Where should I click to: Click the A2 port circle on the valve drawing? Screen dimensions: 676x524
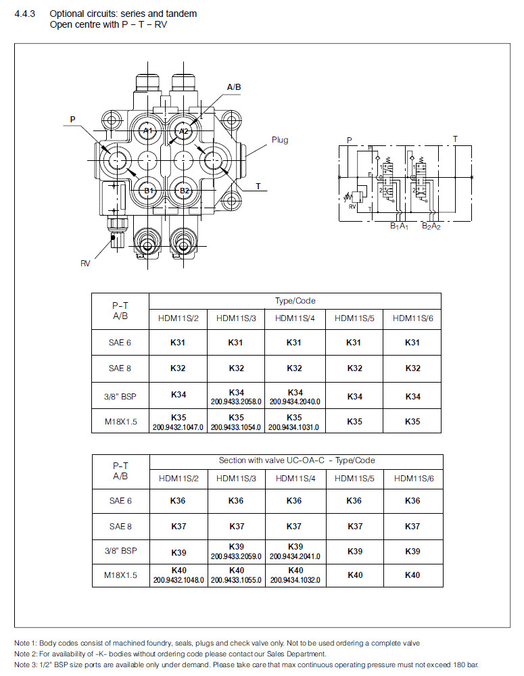[x=183, y=130]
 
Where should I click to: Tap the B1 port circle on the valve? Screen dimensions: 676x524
[x=149, y=191]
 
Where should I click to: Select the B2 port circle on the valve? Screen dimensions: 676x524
[x=183, y=191]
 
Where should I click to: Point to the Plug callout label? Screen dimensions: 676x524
[x=280, y=140]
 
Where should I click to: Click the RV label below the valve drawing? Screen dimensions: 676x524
[x=85, y=264]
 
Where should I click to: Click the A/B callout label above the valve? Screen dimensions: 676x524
[x=234, y=87]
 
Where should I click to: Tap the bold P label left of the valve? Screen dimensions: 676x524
[x=73, y=120]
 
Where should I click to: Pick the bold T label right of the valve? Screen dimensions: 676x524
[x=258, y=186]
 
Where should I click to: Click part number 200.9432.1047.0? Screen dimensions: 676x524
[x=178, y=427]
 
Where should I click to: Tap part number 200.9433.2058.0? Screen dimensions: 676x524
[x=236, y=401]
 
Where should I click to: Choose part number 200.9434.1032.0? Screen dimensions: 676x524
[x=294, y=580]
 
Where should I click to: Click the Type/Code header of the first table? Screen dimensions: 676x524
[x=295, y=301]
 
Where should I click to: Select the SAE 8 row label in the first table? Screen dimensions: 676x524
[x=120, y=368]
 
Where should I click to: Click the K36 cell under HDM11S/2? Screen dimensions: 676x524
[x=178, y=501]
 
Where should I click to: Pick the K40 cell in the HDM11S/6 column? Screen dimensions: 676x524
[x=412, y=575]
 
